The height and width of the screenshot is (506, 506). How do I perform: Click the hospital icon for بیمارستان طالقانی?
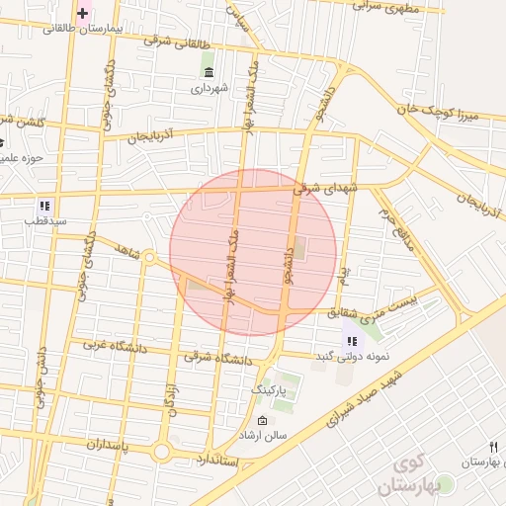pos(83,13)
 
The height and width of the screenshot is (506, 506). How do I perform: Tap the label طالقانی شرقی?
pos(178,43)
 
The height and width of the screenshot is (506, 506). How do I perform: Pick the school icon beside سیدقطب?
pos(44,206)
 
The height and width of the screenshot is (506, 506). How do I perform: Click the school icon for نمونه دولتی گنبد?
pos(351,342)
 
